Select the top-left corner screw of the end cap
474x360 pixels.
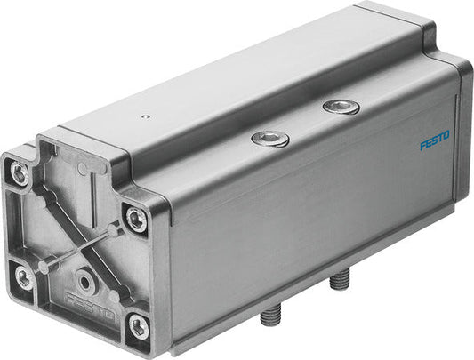pos(19,173)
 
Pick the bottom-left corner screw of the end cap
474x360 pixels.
pos(23,277)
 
